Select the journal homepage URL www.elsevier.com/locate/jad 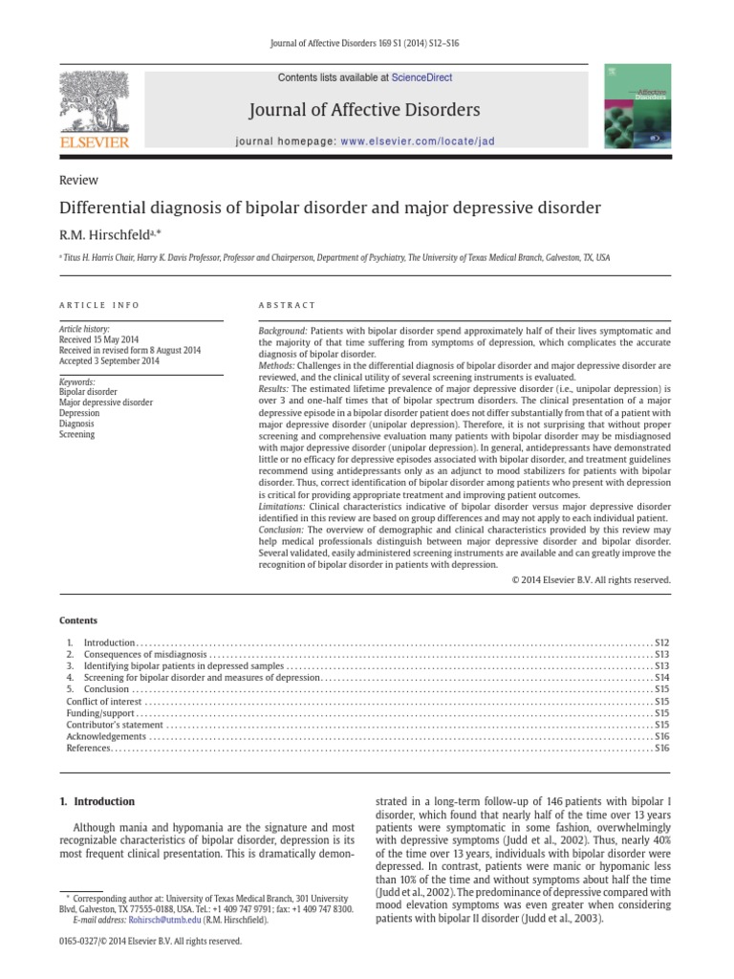point(416,141)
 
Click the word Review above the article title point(78,180)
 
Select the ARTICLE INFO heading point(99,305)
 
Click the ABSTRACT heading point(287,305)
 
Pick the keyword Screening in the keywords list point(77,434)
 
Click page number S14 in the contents point(661,677)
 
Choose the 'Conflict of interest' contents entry point(96,701)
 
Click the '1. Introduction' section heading point(97,801)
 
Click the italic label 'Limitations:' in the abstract point(283,507)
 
